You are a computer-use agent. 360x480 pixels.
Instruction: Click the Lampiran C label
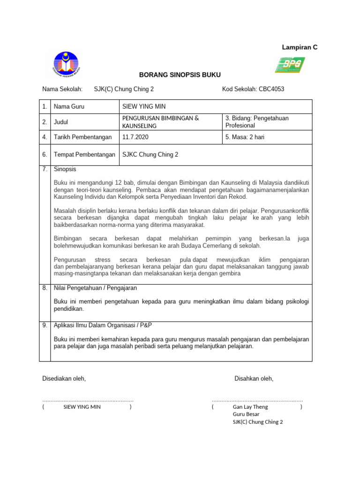[x=299, y=47]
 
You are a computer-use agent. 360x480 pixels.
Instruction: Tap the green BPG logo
[x=290, y=65]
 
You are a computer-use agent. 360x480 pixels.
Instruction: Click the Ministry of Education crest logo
[x=66, y=64]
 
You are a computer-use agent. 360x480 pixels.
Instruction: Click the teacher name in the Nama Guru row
[x=143, y=107]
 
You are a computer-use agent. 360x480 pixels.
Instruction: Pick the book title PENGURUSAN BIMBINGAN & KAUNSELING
[x=160, y=122]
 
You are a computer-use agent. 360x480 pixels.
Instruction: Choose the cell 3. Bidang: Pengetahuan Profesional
[x=257, y=122]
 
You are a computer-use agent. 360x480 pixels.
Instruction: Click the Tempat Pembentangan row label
[x=84, y=155]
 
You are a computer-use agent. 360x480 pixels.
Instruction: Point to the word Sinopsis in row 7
[x=65, y=169]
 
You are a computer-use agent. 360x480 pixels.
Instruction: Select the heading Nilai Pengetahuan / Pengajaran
[x=95, y=288]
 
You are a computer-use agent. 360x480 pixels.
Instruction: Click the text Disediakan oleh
[x=64, y=378]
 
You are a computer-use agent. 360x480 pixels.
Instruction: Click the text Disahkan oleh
[x=254, y=378]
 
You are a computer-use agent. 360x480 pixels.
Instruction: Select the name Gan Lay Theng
[x=250, y=407]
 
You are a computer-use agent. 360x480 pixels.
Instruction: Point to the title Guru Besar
[x=246, y=414]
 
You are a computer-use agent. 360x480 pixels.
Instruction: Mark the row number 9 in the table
[x=45, y=325]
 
